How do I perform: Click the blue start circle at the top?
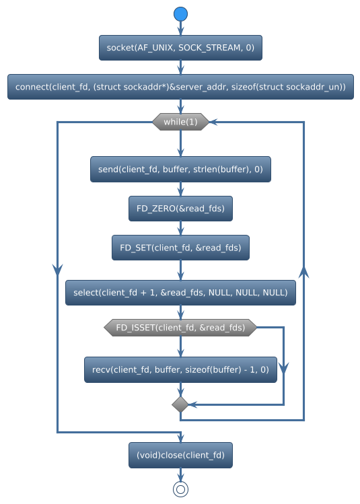click(180, 14)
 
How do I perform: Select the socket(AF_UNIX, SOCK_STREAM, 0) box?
click(180, 47)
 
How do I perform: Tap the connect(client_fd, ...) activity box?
click(180, 87)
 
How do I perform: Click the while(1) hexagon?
click(180, 122)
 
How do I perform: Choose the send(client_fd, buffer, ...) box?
click(180, 170)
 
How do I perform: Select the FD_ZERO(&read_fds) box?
click(180, 209)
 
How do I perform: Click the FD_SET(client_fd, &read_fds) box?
click(180, 248)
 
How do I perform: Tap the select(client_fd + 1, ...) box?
click(180, 293)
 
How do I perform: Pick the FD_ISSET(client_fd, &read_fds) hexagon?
click(180, 328)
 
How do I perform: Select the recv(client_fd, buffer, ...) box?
click(180, 369)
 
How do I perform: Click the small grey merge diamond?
click(180, 404)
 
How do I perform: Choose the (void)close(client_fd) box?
click(180, 456)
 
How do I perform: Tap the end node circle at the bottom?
click(180, 489)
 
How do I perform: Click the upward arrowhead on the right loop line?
click(304, 271)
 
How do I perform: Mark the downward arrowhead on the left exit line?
click(57, 268)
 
